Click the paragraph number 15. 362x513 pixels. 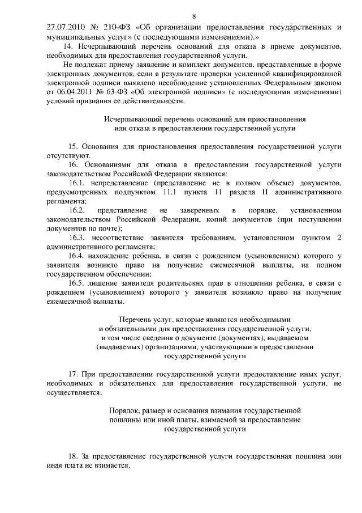pyautogui.click(x=73, y=146)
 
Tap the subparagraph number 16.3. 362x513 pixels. pyautogui.click(x=76, y=238)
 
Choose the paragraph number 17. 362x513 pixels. pyautogui.click(x=73, y=375)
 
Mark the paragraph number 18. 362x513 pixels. pyautogui.click(x=73, y=456)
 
